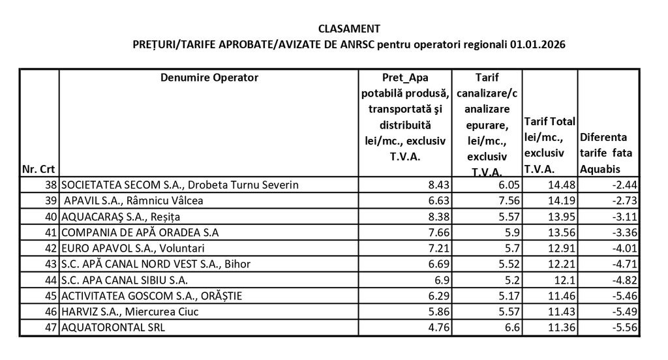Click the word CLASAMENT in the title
349,29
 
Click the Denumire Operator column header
209,78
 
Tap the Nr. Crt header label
38,170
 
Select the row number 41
50,232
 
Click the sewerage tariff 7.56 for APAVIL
506,200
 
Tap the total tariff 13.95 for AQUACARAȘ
560,217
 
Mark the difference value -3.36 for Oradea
622,232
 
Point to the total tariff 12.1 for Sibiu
563,280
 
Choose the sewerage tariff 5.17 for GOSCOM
506,296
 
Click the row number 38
50,185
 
